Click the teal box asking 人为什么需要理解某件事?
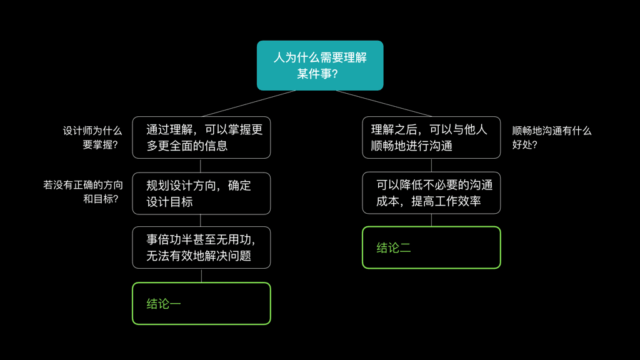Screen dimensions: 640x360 pyautogui.click(x=320, y=65)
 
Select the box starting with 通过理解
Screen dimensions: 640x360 pyautogui.click(x=201, y=137)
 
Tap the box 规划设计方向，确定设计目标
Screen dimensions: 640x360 pyautogui.click(x=201, y=193)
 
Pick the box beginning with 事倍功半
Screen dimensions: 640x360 pyautogui.click(x=201, y=247)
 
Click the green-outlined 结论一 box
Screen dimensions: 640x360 pyautogui.click(x=201, y=304)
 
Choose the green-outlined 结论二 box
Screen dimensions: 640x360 pyautogui.click(x=431, y=247)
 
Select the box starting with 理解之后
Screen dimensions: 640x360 pyautogui.click(x=431, y=137)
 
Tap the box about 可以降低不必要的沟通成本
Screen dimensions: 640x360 pyautogui.click(x=431, y=193)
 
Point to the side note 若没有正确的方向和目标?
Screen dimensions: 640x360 pyautogui.click(x=83, y=192)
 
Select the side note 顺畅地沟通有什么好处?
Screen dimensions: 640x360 pyautogui.click(x=551, y=138)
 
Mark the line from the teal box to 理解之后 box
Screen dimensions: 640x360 pyautogui.click(x=384, y=104)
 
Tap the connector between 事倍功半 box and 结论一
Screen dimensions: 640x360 pyautogui.click(x=201, y=276)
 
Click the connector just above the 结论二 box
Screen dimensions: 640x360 pyautogui.click(x=431, y=220)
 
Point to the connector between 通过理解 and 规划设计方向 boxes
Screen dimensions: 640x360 pyautogui.click(x=201, y=166)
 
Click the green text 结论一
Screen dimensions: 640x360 pyautogui.click(x=164, y=304)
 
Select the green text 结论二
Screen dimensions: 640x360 pyautogui.click(x=394, y=248)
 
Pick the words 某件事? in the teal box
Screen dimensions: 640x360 pyautogui.click(x=317, y=74)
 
